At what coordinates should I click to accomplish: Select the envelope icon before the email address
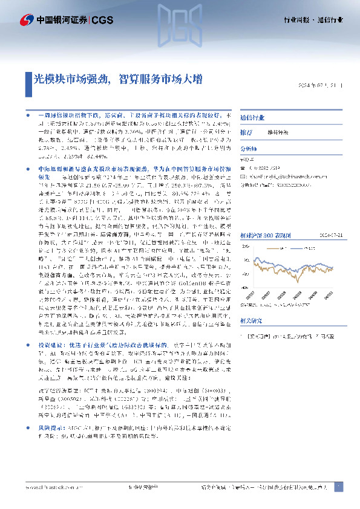click(243, 169)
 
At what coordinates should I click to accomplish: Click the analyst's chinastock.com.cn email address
click(283, 169)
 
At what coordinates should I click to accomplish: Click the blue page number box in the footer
click(339, 486)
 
